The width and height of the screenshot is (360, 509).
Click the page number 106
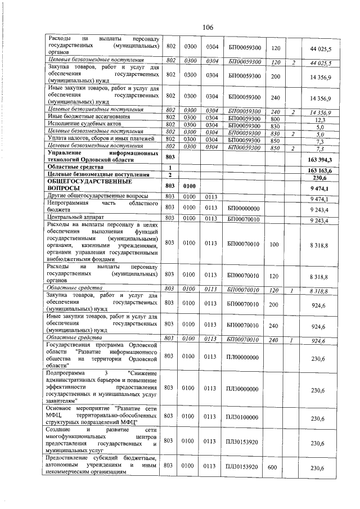coord(208,28)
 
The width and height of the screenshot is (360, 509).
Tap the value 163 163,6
coord(321,170)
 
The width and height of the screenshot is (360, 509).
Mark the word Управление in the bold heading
coord(67,153)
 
